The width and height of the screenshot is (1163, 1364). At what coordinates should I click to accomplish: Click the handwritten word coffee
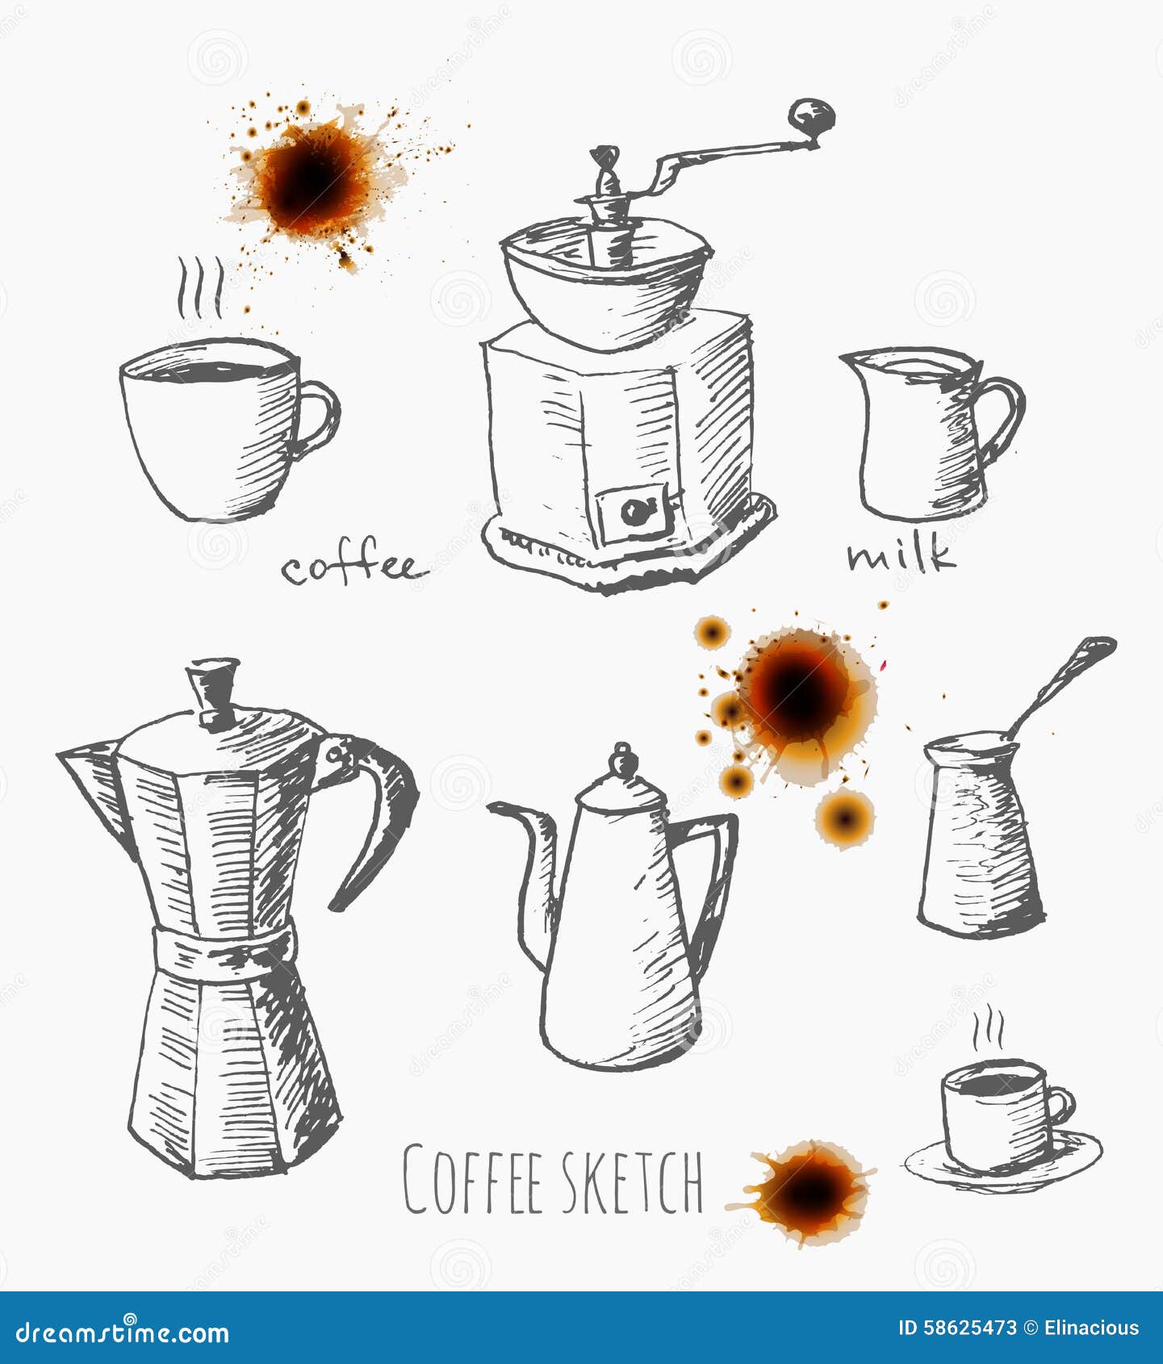(351, 567)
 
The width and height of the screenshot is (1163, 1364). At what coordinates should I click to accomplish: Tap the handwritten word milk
(901, 555)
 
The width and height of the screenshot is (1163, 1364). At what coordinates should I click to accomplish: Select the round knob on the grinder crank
(810, 117)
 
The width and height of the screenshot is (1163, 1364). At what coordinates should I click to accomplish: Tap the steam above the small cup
(988, 1029)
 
